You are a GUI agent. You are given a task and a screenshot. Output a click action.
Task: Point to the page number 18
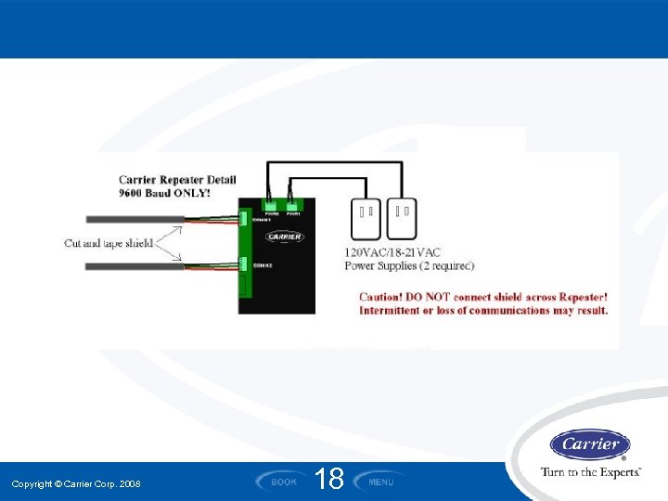point(329,479)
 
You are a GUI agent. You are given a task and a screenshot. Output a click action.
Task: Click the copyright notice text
point(76,484)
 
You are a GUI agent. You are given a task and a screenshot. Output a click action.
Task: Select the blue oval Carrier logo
point(590,444)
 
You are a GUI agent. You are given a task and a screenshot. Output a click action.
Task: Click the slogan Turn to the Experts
point(591,472)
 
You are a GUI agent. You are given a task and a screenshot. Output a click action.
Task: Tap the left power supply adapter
point(364,218)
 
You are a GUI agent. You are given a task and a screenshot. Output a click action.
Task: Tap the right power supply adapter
point(402,218)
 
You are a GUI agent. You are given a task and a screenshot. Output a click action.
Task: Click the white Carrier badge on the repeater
point(285,237)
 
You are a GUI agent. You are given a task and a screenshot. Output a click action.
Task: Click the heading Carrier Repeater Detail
point(177,180)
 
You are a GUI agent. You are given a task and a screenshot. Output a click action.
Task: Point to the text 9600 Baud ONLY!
point(164,193)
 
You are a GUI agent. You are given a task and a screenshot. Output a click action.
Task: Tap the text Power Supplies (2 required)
point(409,265)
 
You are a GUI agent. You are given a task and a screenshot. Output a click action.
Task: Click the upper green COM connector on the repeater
point(243,219)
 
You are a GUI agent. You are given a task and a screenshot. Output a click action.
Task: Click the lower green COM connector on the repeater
point(243,266)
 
